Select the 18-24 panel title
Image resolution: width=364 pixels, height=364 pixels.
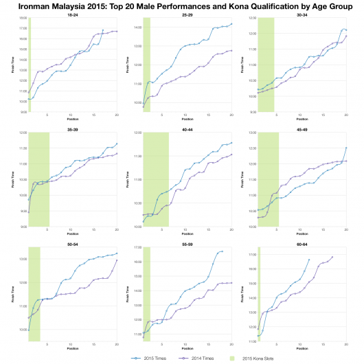pyautogui.click(x=72, y=14)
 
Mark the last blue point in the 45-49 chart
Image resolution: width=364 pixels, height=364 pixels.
pyautogui.click(x=345, y=148)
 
